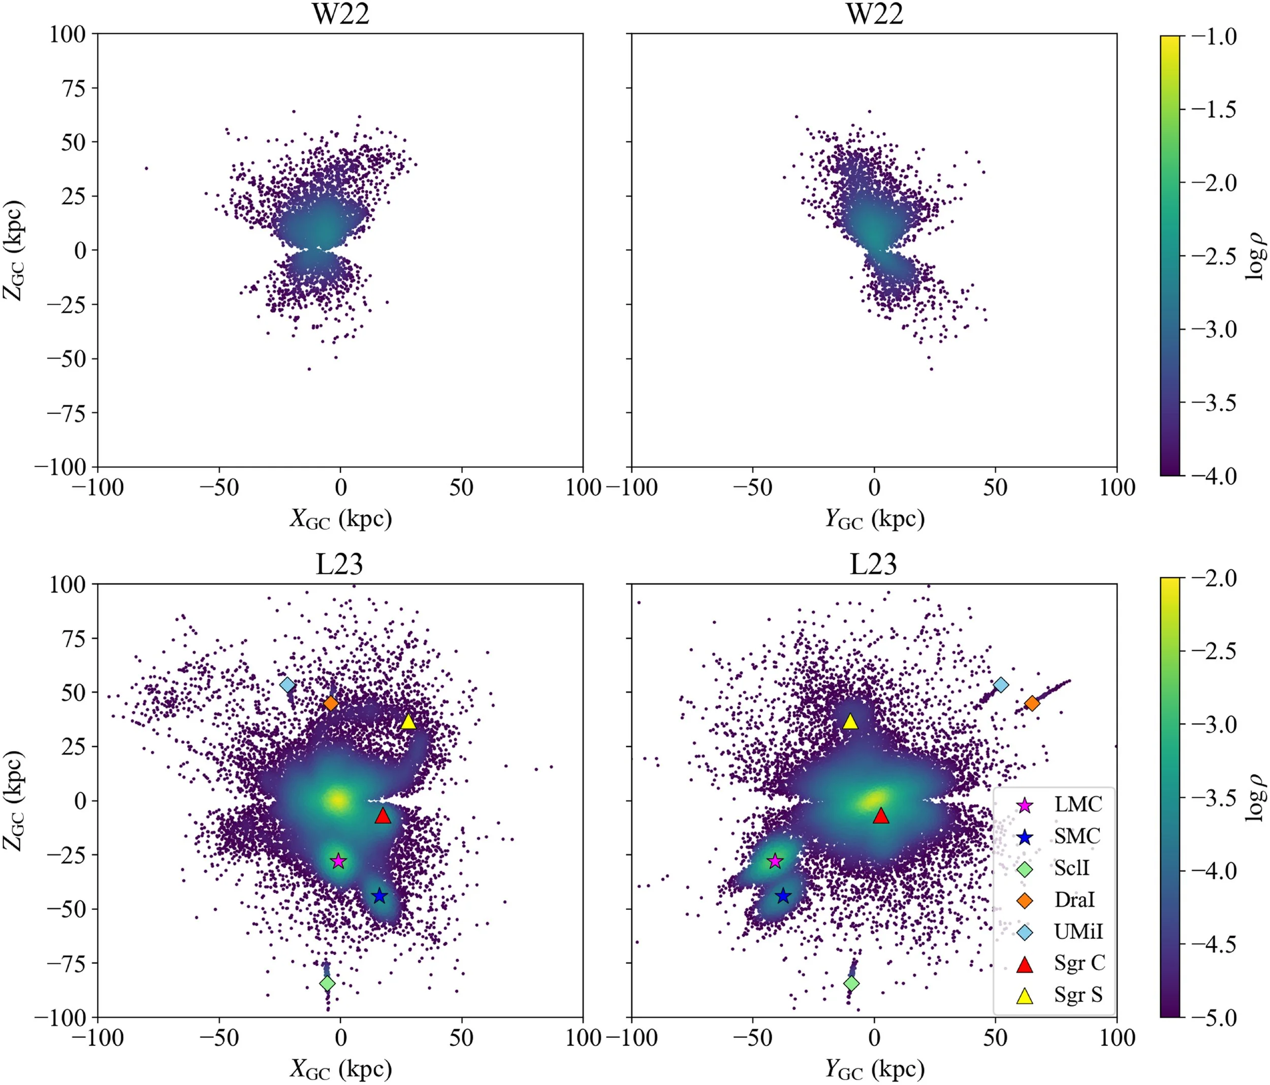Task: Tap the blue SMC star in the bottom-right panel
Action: [783, 896]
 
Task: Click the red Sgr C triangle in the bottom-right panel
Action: [881, 815]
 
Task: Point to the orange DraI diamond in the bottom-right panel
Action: [1032, 703]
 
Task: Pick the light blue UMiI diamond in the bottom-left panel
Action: [287, 684]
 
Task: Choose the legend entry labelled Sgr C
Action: [1079, 963]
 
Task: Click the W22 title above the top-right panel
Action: [874, 14]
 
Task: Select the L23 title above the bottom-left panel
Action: [339, 564]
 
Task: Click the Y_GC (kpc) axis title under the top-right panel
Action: [874, 519]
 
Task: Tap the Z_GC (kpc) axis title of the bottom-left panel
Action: [14, 800]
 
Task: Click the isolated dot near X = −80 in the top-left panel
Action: [146, 168]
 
